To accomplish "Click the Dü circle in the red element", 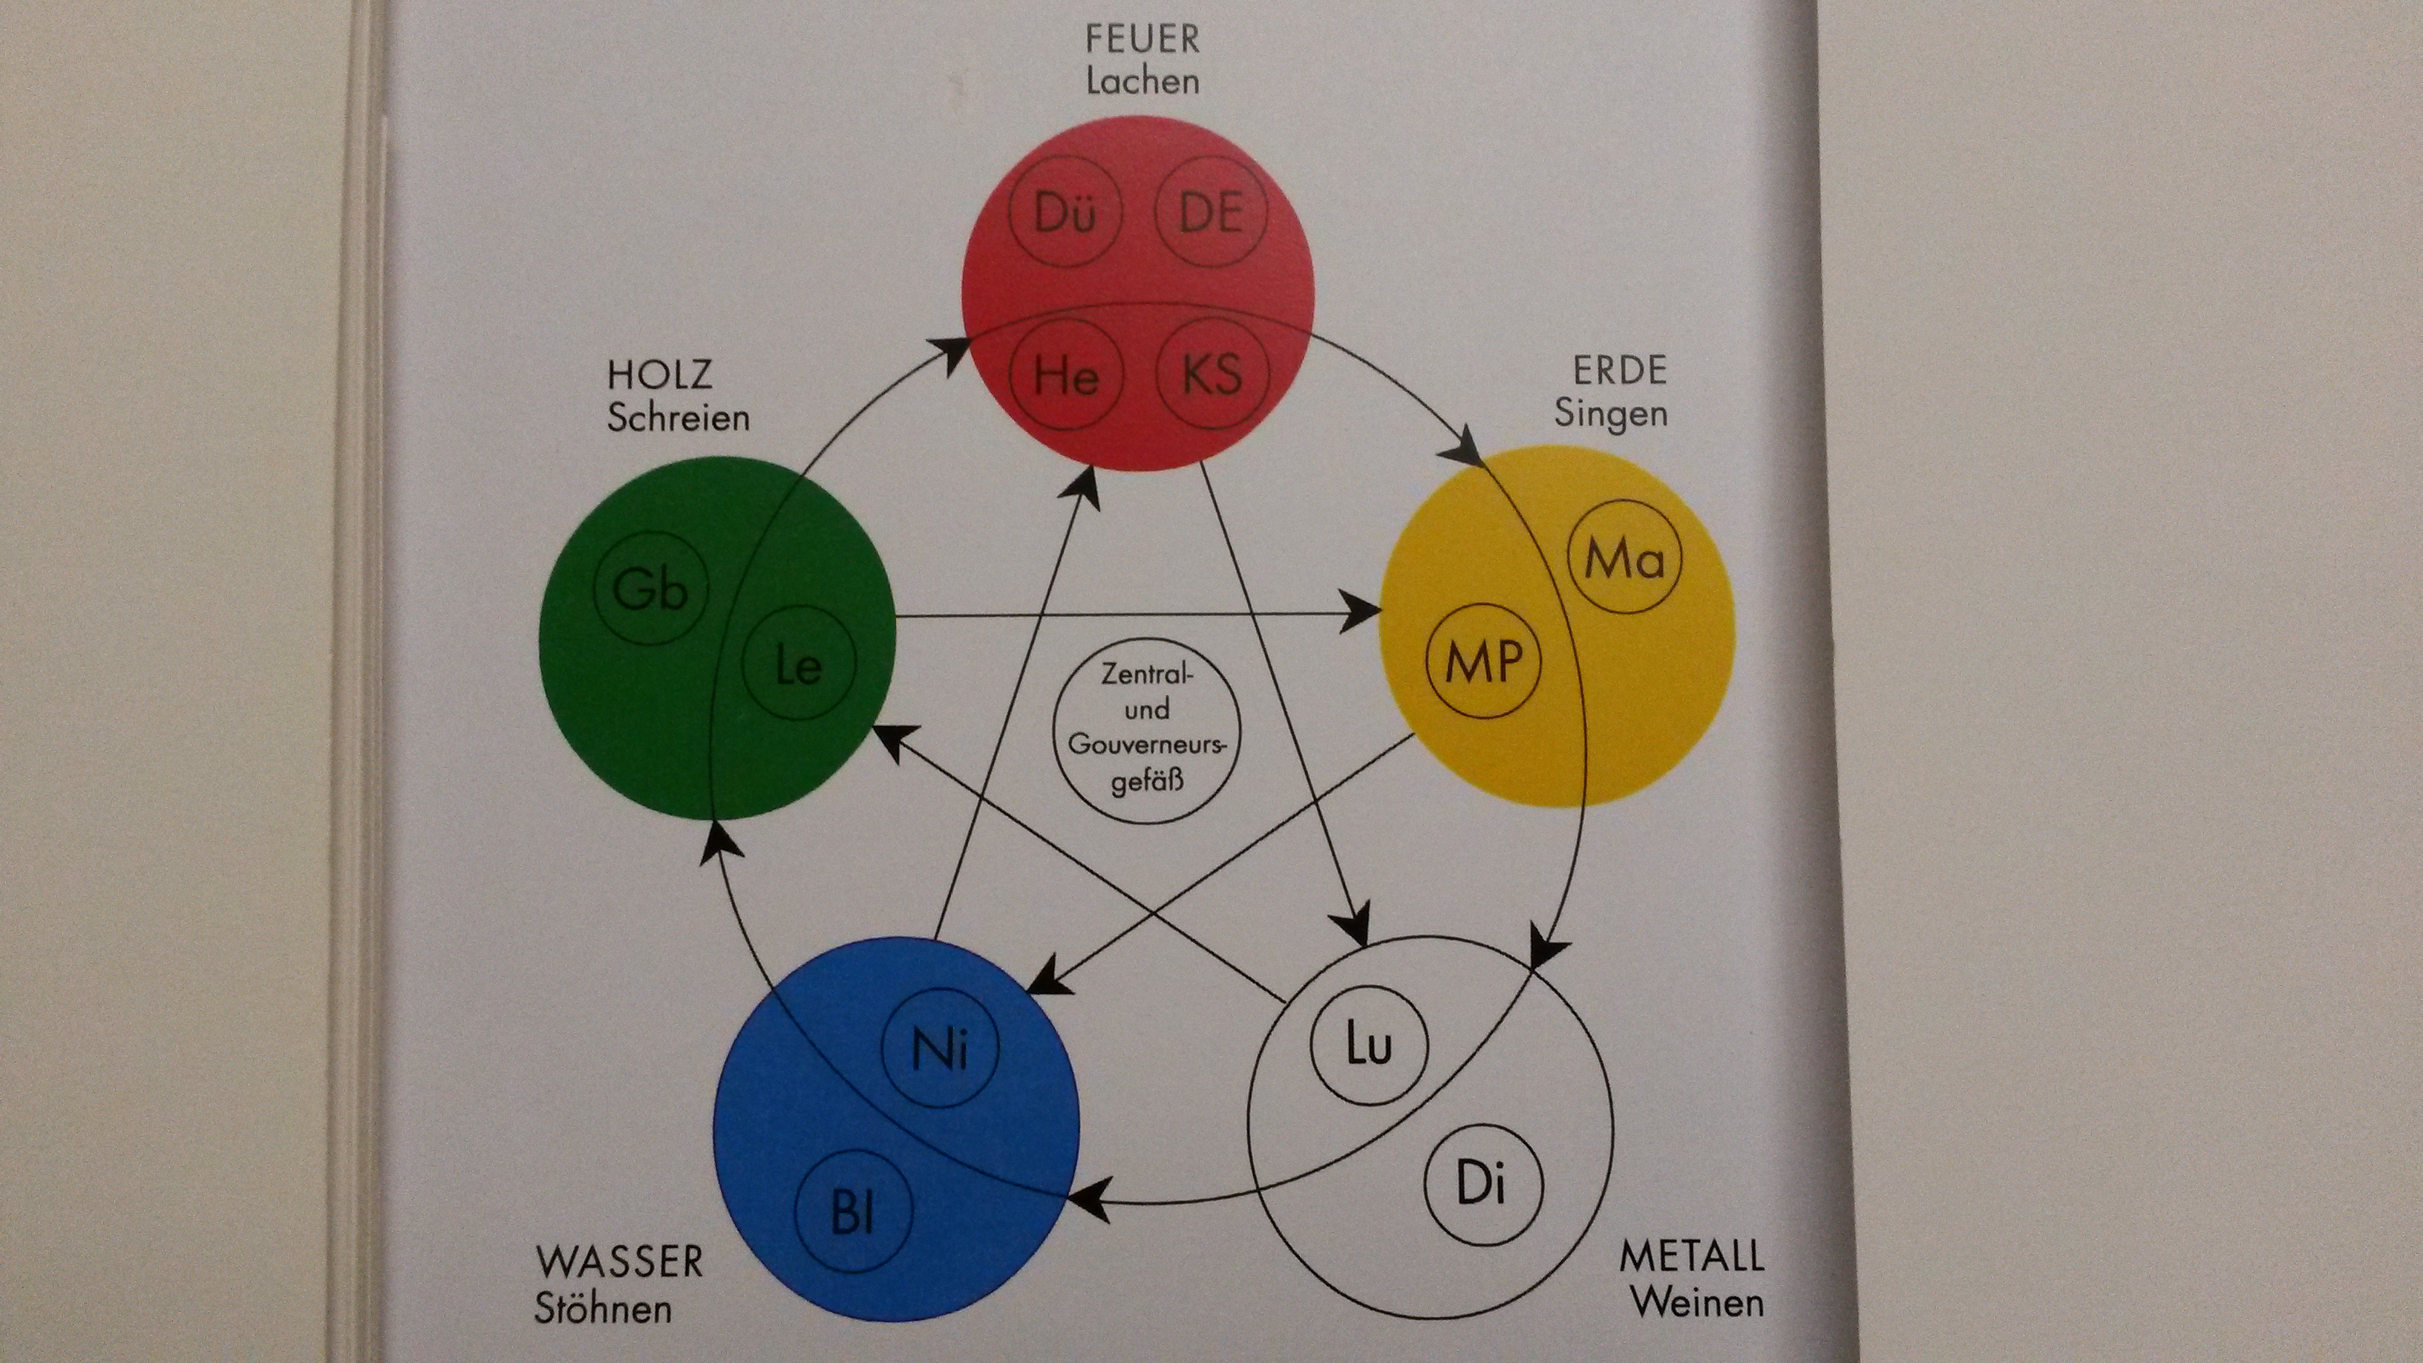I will [x=1066, y=215].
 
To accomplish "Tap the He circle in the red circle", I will [x=1067, y=376].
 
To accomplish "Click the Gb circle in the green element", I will [x=650, y=589].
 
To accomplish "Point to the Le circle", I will [x=799, y=665].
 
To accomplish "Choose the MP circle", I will [x=1483, y=663].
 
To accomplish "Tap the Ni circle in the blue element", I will [x=940, y=1049].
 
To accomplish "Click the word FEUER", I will [x=1142, y=39].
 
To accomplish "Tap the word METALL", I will [x=1691, y=1257].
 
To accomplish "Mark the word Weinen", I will [x=1697, y=1303].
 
